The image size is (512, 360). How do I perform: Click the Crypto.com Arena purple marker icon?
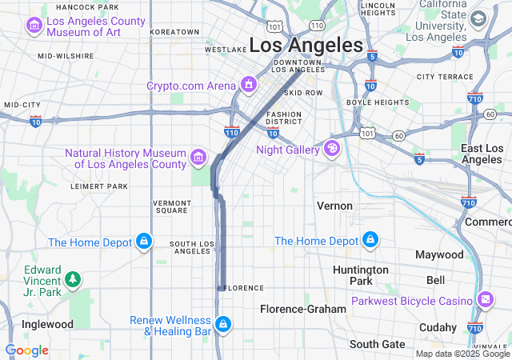pos(249,85)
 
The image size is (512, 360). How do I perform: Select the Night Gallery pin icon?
pos(330,149)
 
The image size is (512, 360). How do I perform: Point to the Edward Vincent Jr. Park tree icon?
pos(73,279)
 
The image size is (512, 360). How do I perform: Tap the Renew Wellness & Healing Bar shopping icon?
pos(224,324)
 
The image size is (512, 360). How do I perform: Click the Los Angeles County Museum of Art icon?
pos(35,26)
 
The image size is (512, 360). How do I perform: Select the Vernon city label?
pos(334,206)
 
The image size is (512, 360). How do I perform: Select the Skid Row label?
pos(303,93)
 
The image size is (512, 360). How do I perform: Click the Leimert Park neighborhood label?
pos(99,186)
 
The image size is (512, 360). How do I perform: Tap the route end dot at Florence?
pos(220,288)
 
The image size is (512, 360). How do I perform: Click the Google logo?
pos(26,350)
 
